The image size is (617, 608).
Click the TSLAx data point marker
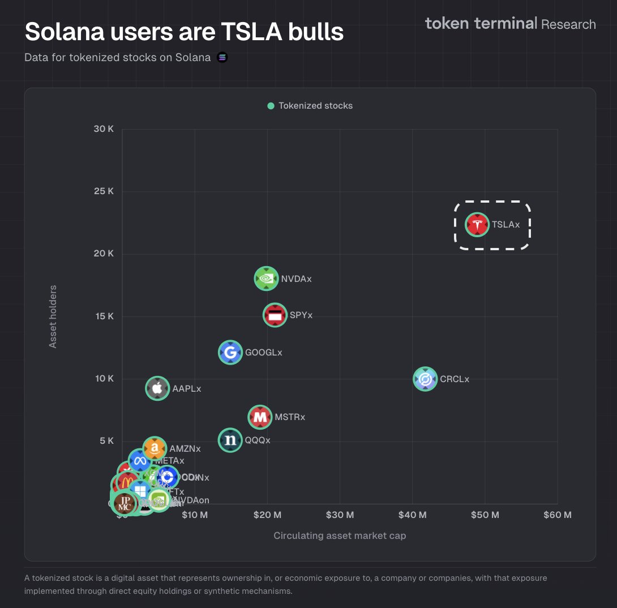477,225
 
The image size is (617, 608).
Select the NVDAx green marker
266,279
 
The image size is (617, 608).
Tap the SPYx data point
275,315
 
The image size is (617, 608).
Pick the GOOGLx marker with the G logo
230,353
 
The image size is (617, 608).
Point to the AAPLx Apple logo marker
157,388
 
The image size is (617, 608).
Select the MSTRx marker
260,417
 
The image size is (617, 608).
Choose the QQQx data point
230,440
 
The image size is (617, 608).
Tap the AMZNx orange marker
155,448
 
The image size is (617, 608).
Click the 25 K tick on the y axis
104,191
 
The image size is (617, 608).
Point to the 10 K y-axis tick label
104,378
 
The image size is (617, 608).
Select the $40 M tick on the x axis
412,515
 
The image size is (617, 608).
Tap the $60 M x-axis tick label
557,515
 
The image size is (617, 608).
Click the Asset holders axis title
53,316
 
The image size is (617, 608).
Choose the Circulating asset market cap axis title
340,536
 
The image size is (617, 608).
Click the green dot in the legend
271,106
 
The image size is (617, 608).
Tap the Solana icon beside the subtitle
222,57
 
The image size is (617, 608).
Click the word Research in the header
568,24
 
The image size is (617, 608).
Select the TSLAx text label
505,225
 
